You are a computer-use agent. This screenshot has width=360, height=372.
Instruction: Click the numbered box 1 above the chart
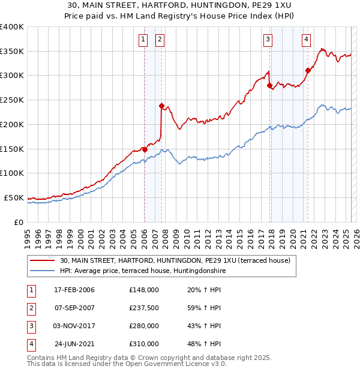tap(144, 40)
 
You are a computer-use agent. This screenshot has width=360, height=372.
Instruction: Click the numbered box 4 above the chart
tap(306, 40)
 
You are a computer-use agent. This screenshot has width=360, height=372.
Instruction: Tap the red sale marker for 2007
tap(161, 106)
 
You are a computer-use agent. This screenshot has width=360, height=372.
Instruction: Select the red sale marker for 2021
tap(308, 70)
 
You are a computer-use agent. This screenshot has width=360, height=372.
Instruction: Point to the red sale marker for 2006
tap(145, 149)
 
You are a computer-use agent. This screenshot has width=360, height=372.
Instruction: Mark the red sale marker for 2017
tap(269, 85)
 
